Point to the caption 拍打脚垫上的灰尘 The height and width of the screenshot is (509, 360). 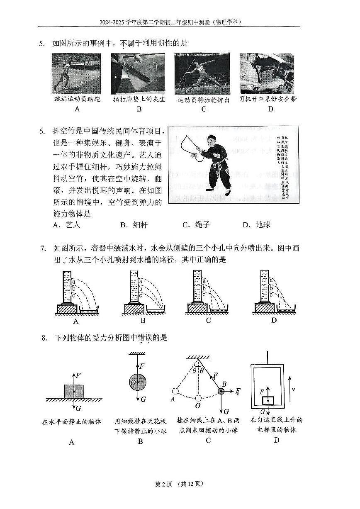click(139, 100)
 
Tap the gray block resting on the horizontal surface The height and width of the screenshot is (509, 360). click(73, 391)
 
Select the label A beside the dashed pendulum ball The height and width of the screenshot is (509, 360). click(172, 399)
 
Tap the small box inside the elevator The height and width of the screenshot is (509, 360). click(268, 401)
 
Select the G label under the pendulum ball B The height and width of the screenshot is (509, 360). click(226, 412)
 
